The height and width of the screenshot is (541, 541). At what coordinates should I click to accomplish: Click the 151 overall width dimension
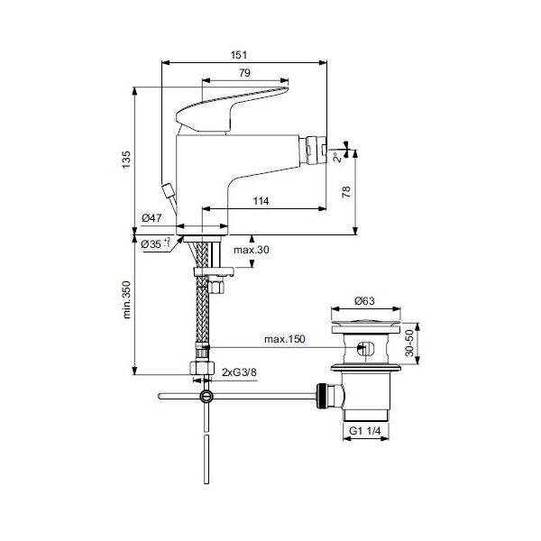[x=239, y=55]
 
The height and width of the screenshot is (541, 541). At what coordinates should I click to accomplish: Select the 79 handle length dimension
[x=244, y=73]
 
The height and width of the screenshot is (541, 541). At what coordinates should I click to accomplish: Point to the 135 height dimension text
[x=126, y=160]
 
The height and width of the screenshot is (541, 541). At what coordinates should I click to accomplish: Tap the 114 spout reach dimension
[x=261, y=201]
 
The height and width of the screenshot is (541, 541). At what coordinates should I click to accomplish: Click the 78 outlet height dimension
[x=346, y=192]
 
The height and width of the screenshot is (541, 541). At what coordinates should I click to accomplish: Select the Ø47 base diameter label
[x=151, y=218]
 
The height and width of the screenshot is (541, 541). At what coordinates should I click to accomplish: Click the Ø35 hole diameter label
[x=156, y=244]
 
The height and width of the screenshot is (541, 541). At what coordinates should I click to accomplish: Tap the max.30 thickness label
[x=252, y=250]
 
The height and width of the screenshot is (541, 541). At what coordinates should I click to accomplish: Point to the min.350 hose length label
[x=126, y=299]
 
